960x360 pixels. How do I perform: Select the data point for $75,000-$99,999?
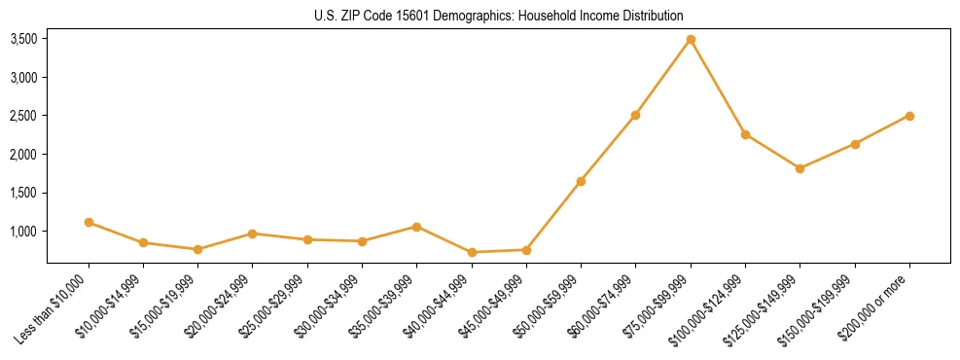tap(691, 39)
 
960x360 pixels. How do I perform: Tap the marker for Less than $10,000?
tap(89, 222)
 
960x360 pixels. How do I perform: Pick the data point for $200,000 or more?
tap(909, 116)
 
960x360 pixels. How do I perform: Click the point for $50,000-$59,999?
tap(581, 181)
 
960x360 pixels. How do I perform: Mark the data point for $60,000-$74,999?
tap(635, 115)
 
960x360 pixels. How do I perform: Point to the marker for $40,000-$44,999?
tap(472, 252)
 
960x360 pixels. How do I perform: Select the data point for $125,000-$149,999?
tap(800, 168)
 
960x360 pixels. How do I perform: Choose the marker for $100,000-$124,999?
tap(745, 134)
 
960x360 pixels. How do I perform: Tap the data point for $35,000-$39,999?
tap(416, 227)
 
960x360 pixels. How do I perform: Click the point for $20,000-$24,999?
tap(252, 234)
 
